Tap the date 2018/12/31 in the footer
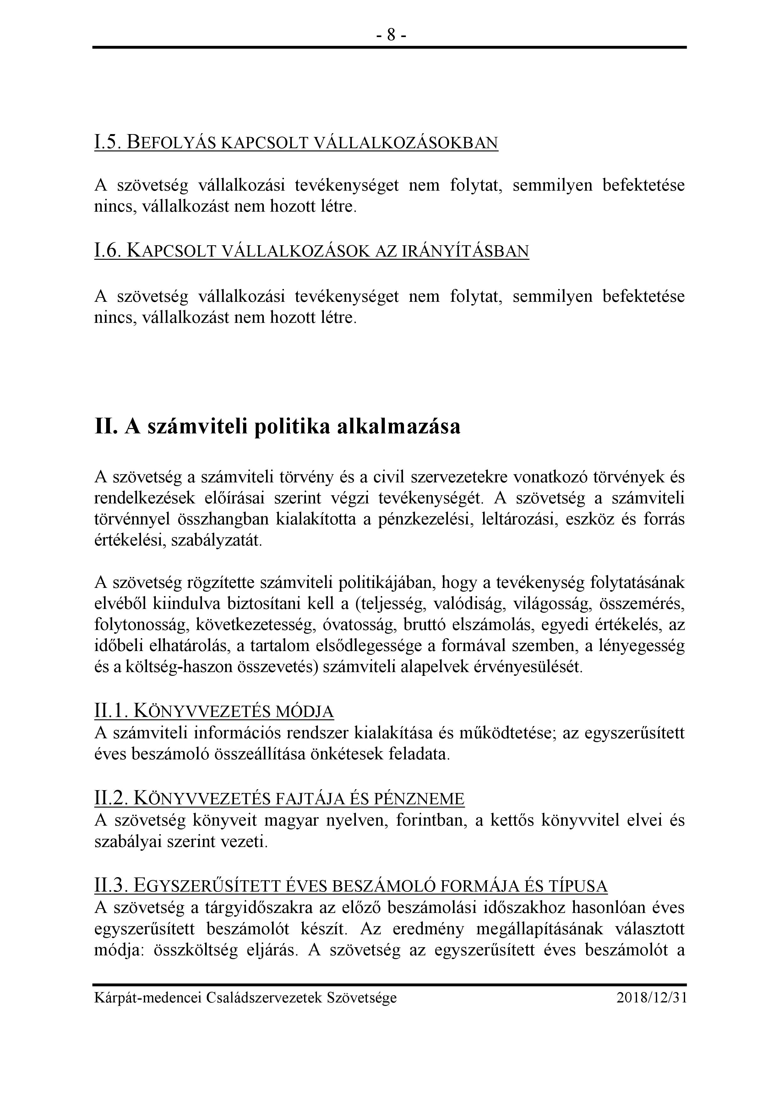[x=651, y=998]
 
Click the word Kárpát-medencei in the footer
[x=149, y=998]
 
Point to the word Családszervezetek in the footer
[x=264, y=998]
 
